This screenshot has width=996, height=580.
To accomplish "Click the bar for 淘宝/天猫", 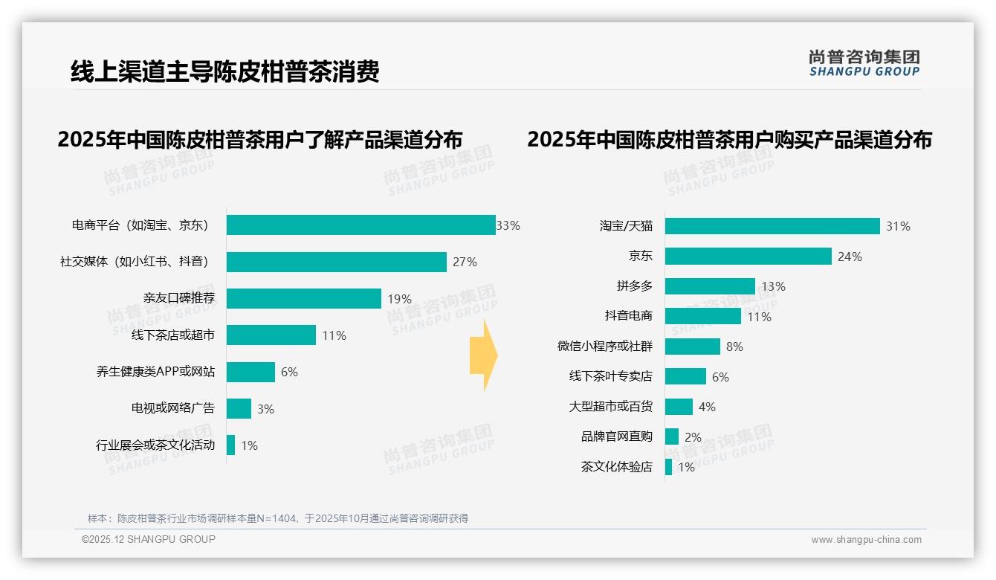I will (x=772, y=226).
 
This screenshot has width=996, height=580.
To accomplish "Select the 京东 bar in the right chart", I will (x=748, y=257).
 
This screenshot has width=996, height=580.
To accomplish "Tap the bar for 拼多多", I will (x=710, y=286).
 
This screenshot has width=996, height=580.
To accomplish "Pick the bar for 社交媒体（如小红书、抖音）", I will (x=336, y=262).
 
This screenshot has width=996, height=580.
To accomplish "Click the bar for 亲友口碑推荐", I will (x=303, y=298).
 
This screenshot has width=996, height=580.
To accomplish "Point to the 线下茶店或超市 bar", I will (x=271, y=335).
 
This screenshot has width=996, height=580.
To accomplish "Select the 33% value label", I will (x=508, y=225).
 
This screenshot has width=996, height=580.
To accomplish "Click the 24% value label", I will (x=850, y=257).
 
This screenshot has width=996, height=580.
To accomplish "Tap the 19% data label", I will (x=399, y=299).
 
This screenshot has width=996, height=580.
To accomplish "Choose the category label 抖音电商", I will (x=629, y=316).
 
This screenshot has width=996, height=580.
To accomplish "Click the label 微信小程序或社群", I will (x=605, y=347).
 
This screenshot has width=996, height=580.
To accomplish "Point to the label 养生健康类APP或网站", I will (x=155, y=372).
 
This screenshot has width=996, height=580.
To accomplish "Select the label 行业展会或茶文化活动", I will (x=155, y=445).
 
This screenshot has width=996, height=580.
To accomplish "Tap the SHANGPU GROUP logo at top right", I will (x=864, y=62).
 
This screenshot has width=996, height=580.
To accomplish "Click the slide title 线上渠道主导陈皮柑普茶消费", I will (x=225, y=71).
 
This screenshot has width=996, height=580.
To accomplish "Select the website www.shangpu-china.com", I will (x=866, y=540).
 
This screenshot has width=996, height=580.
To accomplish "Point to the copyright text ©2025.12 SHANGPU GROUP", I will (x=149, y=539).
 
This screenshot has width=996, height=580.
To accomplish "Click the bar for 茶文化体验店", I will (x=668, y=467).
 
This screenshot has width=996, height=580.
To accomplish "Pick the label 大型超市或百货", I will (x=610, y=407).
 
